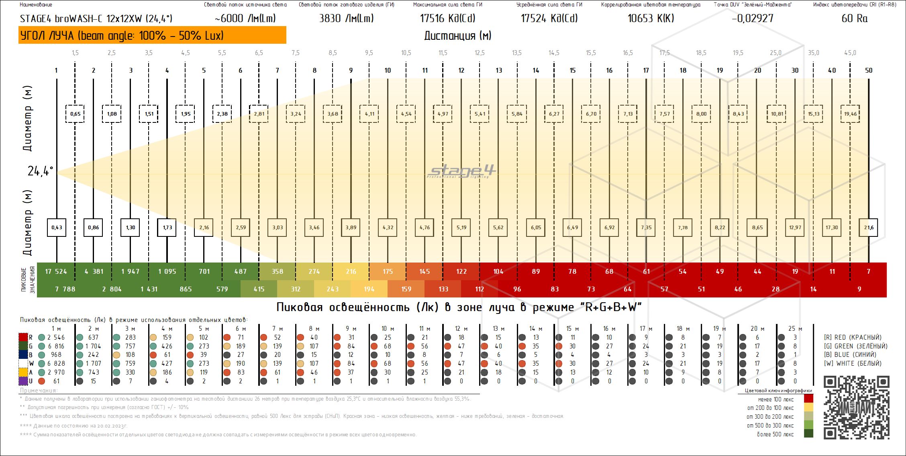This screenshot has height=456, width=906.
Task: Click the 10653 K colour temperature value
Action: tap(651, 18)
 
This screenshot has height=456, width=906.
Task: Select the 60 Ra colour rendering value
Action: tap(854, 18)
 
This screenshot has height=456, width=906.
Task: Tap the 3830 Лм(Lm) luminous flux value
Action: tap(346, 18)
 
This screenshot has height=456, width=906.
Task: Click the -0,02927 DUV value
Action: tap(752, 18)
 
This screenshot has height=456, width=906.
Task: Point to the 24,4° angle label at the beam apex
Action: tap(40, 171)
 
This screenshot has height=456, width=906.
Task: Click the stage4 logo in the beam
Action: tap(462, 171)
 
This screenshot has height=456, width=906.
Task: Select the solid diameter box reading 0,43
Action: tap(57, 227)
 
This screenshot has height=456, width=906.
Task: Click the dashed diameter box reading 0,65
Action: tap(75, 114)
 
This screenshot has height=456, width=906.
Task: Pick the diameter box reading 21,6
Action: tap(868, 227)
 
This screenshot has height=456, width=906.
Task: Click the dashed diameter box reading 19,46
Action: tap(850, 114)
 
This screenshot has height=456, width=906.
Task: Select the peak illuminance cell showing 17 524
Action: tap(56, 271)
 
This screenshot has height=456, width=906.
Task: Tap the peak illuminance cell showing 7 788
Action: tap(65, 289)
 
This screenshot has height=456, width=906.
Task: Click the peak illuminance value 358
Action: tap(278, 271)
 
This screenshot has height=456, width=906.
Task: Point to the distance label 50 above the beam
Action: tap(869, 70)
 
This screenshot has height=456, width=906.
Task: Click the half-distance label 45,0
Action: tap(850, 53)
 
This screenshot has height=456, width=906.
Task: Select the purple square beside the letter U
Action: tap(23, 381)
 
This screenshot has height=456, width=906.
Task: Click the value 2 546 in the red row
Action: tap(56, 337)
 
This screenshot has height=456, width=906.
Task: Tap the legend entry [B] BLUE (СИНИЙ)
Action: tap(850, 355)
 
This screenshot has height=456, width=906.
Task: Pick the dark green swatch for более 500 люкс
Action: tap(808, 434)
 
